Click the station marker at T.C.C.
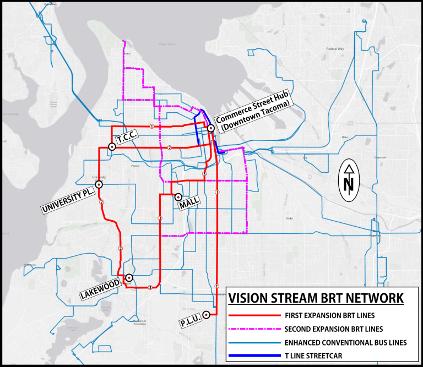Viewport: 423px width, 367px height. point(112,146)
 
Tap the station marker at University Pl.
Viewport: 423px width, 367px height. point(99,185)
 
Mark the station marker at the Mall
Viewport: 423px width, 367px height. point(178,196)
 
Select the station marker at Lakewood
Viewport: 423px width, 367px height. point(128,278)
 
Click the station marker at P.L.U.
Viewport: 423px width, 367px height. point(207,315)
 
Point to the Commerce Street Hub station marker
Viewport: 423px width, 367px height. point(211,128)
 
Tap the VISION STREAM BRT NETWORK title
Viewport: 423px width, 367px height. point(316,299)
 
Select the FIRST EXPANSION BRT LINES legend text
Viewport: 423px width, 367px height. point(330,316)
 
